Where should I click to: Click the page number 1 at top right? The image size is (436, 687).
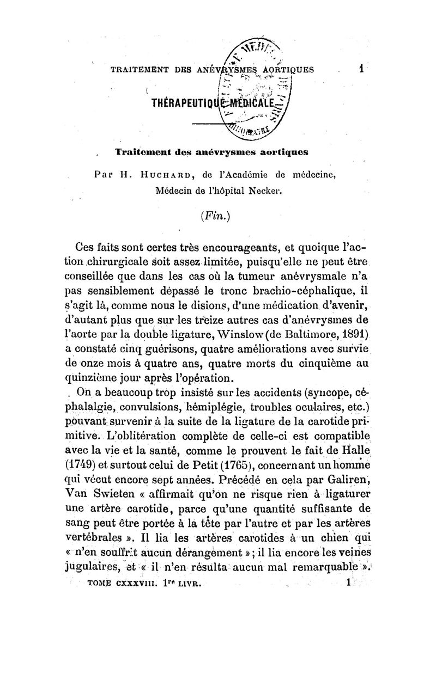click(361, 69)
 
